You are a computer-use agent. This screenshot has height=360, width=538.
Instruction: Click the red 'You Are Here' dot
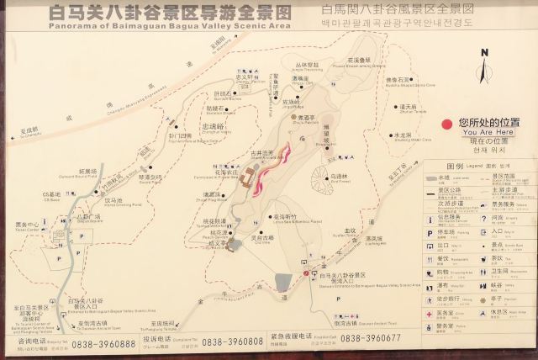click(446, 122)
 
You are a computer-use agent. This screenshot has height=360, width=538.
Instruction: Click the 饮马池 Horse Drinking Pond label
click(114, 201)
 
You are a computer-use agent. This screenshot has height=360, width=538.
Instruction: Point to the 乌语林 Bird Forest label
click(339, 177)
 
